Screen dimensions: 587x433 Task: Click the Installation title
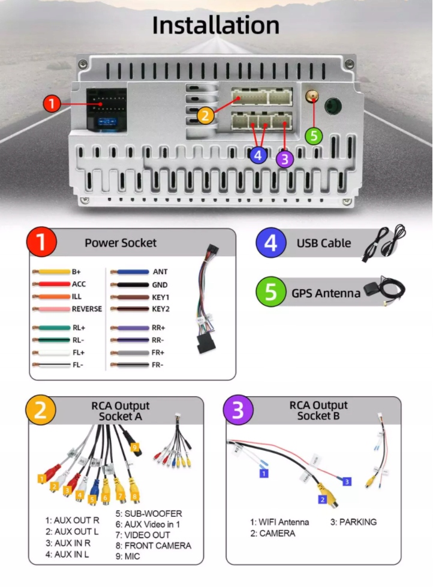(x=216, y=26)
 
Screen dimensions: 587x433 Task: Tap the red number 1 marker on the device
(x=52, y=104)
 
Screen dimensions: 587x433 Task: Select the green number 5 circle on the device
(x=314, y=136)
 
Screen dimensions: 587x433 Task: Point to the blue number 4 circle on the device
(x=258, y=155)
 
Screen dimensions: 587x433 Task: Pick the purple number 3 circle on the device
(x=284, y=159)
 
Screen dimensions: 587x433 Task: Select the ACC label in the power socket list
(x=79, y=284)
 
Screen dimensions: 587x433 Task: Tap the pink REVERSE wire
(x=52, y=309)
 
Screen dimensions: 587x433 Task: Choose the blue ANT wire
(x=129, y=272)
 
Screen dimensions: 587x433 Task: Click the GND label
(x=160, y=285)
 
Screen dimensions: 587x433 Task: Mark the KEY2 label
(x=161, y=309)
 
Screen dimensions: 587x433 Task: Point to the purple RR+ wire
(x=129, y=328)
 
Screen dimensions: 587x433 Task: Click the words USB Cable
(x=324, y=243)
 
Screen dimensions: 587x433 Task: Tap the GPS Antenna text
(x=326, y=293)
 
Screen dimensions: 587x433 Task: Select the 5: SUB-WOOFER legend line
(x=149, y=514)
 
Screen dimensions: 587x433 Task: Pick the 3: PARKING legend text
(x=354, y=522)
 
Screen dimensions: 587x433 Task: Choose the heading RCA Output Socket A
(x=121, y=411)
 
